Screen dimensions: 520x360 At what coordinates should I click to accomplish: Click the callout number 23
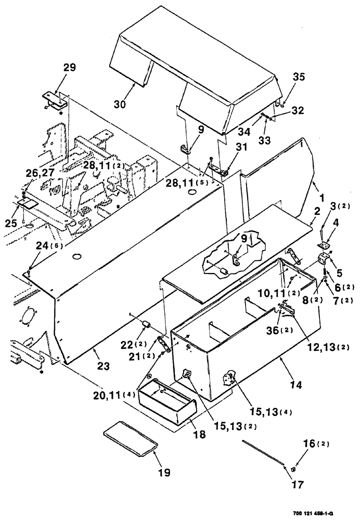point(103,366)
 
